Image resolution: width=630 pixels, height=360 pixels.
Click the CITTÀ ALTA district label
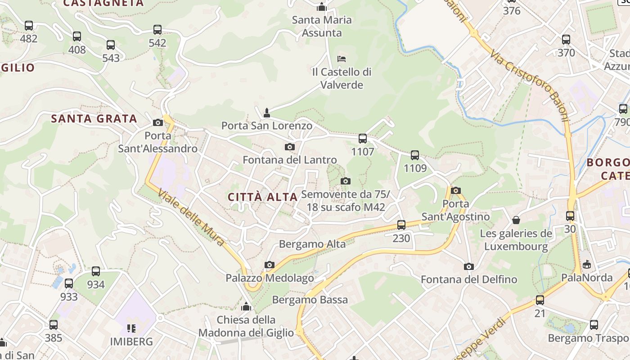pyautogui.click(x=263, y=197)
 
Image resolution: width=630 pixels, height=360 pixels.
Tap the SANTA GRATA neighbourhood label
pyautogui.click(x=94, y=119)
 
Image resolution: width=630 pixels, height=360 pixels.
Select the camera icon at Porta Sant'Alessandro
pyautogui.click(x=157, y=122)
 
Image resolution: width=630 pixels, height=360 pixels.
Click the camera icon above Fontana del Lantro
pyautogui.click(x=290, y=147)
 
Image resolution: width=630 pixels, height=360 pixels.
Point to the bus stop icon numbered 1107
pyautogui.click(x=363, y=139)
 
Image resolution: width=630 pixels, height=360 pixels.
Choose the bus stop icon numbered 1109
pyautogui.click(x=415, y=155)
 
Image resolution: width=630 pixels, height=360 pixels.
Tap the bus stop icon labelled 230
pyautogui.click(x=401, y=225)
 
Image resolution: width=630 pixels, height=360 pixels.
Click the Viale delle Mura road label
pyautogui.click(x=191, y=218)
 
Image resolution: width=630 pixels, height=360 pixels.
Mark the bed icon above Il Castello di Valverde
pyautogui.click(x=342, y=58)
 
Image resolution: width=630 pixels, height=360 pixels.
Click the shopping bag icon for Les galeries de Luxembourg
pyautogui.click(x=516, y=220)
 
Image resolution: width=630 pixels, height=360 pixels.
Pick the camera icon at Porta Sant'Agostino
pyautogui.click(x=456, y=190)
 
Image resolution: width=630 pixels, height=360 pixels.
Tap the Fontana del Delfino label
pyautogui.click(x=469, y=279)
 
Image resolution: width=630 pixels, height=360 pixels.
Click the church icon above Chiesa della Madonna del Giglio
pyautogui.click(x=246, y=307)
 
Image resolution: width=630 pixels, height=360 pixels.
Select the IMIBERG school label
pyautogui.click(x=131, y=341)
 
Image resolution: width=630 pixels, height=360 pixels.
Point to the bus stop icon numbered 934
pyautogui.click(x=96, y=271)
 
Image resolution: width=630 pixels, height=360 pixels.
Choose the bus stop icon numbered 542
pyautogui.click(x=157, y=30)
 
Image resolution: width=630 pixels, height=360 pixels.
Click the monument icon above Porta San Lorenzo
pyautogui.click(x=267, y=112)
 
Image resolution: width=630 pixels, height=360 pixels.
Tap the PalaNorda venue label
pyautogui.click(x=587, y=278)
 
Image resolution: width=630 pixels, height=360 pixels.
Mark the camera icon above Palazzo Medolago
pyautogui.click(x=270, y=265)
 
